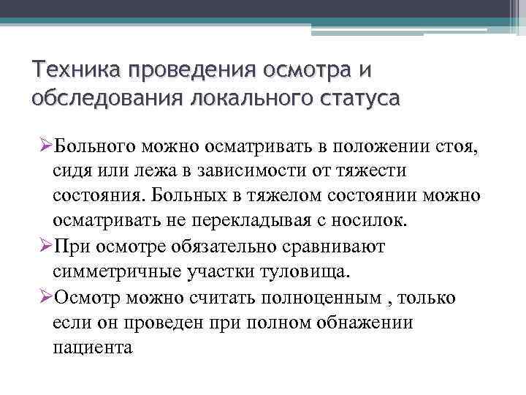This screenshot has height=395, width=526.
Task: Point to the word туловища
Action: click(306, 271)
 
